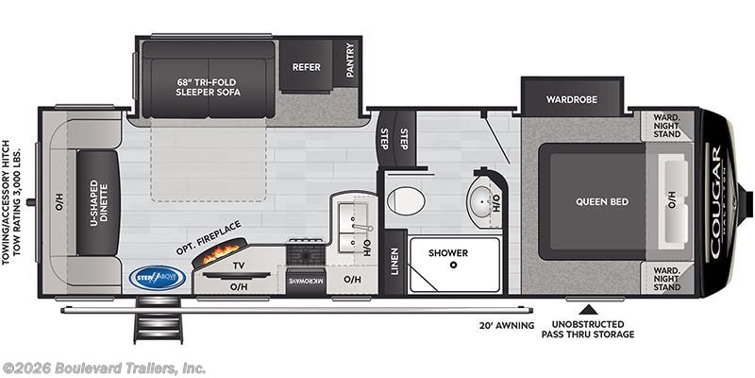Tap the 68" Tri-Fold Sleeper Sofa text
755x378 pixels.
click(208, 87)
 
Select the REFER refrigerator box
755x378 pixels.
click(306, 67)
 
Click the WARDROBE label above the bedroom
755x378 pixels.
click(572, 97)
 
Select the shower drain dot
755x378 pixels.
click(454, 266)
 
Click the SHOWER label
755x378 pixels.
click(447, 252)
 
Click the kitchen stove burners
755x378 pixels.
click(306, 253)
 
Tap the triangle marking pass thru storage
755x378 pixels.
click(588, 308)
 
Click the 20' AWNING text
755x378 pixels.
click(506, 325)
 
